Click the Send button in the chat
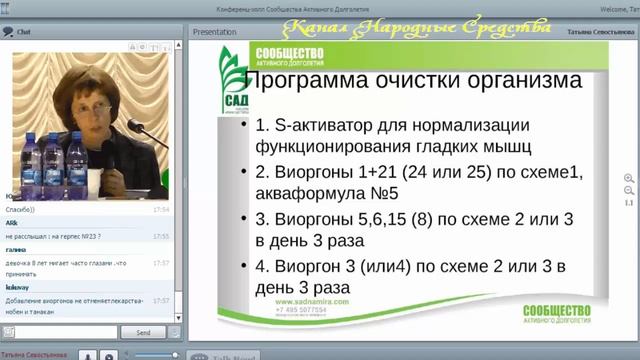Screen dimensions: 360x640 [143, 332]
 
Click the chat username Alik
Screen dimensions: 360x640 [13, 222]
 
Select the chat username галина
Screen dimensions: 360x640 [16, 249]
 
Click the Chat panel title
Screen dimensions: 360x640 [23, 32]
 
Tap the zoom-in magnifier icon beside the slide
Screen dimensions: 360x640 [629, 178]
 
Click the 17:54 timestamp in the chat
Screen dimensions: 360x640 [161, 211]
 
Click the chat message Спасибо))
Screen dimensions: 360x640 [21, 211]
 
